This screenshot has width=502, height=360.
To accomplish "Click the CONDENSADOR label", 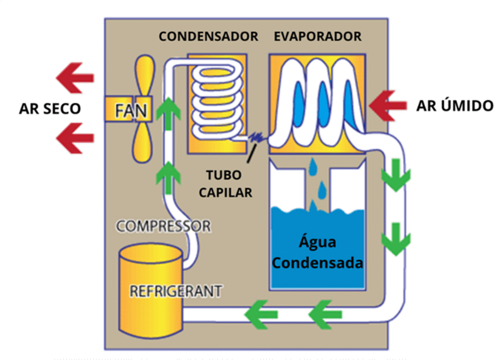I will tap(208, 37).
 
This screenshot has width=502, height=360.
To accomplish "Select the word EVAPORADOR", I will tap(318, 37).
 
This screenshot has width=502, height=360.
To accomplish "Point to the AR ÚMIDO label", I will tap(454, 106).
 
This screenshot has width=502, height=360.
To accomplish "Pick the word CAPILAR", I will tap(226, 192).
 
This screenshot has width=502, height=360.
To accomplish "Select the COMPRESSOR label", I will tap(163, 226).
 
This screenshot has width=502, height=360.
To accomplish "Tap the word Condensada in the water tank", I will tap(318, 263).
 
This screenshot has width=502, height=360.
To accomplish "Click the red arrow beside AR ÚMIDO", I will tap(388, 105).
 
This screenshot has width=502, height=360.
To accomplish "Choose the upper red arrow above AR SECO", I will tap(75, 77).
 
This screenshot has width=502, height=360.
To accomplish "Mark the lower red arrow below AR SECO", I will tap(75, 138).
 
